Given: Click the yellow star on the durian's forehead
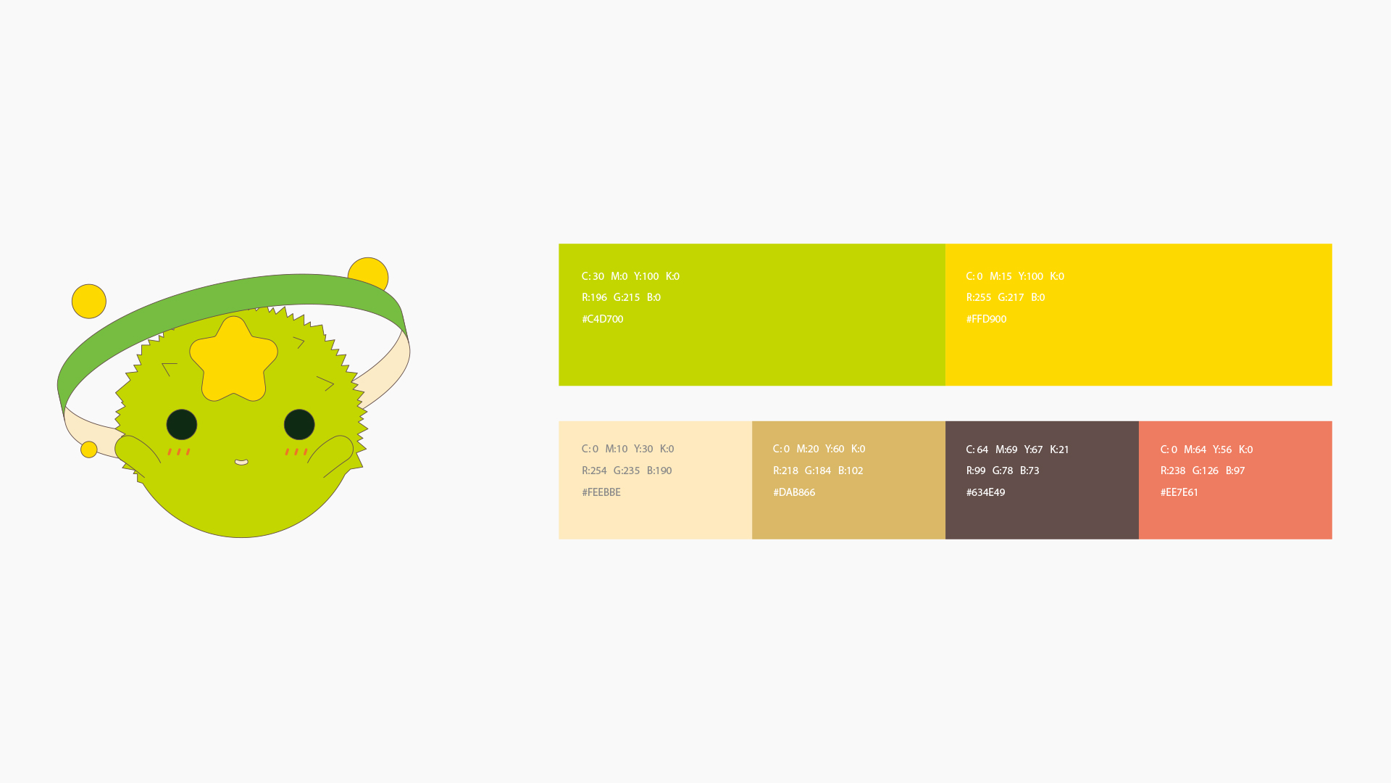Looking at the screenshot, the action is pyautogui.click(x=233, y=360).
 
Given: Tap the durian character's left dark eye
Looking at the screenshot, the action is pyautogui.click(x=182, y=424).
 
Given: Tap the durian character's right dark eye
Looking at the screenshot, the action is pyautogui.click(x=299, y=424).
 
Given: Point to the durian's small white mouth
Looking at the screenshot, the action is pyautogui.click(x=241, y=462).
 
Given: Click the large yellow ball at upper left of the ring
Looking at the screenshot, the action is pyautogui.click(x=89, y=301).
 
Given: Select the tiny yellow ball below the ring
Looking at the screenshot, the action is pyautogui.click(x=89, y=449).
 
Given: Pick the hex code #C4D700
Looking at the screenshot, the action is pyautogui.click(x=602, y=319).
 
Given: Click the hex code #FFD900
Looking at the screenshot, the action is pyautogui.click(x=986, y=319).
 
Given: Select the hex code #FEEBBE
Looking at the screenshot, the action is pyautogui.click(x=601, y=492).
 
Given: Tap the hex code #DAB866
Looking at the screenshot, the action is pyautogui.click(x=794, y=492).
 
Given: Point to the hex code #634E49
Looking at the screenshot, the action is pyautogui.click(x=985, y=492).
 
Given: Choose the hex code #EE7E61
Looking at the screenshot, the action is pyautogui.click(x=1179, y=492).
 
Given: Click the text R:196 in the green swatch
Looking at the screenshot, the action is pyautogui.click(x=594, y=297).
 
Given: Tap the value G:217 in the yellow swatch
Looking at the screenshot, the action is pyautogui.click(x=1011, y=297).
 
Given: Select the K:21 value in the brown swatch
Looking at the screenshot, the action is pyautogui.click(x=1059, y=449).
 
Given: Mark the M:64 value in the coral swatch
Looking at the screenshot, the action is pyautogui.click(x=1195, y=449).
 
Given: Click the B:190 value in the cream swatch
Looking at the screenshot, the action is pyautogui.click(x=659, y=471).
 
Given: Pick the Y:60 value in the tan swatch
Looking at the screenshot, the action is pyautogui.click(x=835, y=449).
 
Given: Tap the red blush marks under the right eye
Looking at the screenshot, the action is pyautogui.click(x=296, y=452).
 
